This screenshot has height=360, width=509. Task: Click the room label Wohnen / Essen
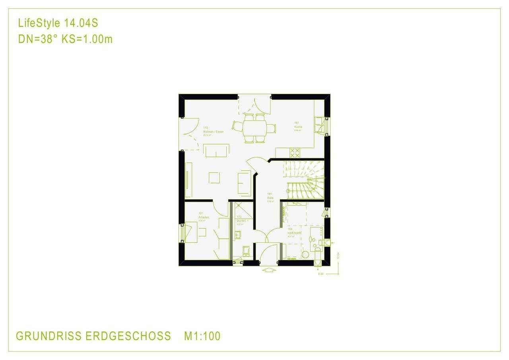pyautogui.click(x=213, y=132)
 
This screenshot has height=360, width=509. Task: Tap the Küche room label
pyautogui.click(x=298, y=127)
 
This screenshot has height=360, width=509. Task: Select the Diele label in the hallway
pyautogui.click(x=270, y=198)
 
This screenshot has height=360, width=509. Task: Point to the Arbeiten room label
pyautogui.click(x=204, y=218)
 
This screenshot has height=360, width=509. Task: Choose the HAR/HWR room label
pyautogui.click(x=294, y=233)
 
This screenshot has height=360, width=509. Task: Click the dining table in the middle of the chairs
pyautogui.click(x=254, y=128)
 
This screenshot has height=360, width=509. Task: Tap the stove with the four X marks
pyautogui.click(x=295, y=152)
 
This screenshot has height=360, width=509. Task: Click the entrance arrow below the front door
pyautogui.click(x=269, y=270)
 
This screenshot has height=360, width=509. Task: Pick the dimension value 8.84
pyautogui.click(x=320, y=274)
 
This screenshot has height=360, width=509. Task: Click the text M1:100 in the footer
pyautogui.click(x=202, y=336)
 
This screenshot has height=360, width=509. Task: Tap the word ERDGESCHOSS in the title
pyautogui.click(x=128, y=336)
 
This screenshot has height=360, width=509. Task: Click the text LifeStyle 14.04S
pyautogui.click(x=58, y=23)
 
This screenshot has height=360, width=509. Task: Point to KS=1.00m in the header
pyautogui.click(x=87, y=39)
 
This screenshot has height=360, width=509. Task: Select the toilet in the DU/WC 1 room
pyautogui.click(x=246, y=251)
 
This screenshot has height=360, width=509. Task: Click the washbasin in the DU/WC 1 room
pyautogui.click(x=237, y=235)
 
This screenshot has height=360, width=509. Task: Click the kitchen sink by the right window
pyautogui.click(x=319, y=124)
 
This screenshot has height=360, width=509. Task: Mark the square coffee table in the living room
pyautogui.click(x=214, y=177)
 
